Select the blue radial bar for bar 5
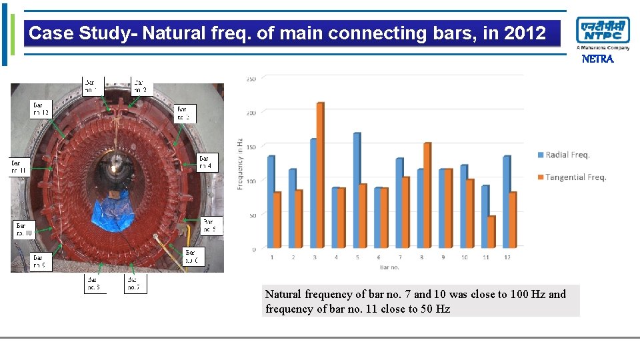tap(357, 190)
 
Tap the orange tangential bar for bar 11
tap(491, 231)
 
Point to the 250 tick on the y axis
tap(251, 79)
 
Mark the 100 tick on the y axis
tap(251, 181)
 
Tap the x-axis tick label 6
tap(379, 257)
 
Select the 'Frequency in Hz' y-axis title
tap(239, 163)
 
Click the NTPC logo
tap(603, 31)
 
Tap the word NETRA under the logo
tap(597, 59)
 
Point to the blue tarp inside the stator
tap(111, 211)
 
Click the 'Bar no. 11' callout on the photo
tap(18, 167)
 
